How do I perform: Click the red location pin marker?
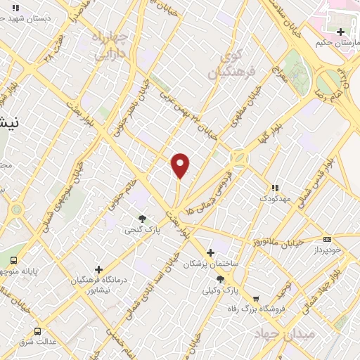tap(181, 165)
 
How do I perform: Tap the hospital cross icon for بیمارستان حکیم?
tap(341, 32)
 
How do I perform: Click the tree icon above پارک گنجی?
tap(143, 219)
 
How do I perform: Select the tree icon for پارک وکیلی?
tap(220, 280)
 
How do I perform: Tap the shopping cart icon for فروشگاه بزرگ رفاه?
tap(255, 297)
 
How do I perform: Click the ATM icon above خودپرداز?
tap(327, 240)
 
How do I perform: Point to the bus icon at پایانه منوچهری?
tap(13, 260)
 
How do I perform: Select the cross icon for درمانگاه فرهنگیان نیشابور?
tap(98, 269)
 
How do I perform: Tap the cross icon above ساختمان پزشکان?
tap(210, 252)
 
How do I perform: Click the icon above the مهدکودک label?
tap(276, 188)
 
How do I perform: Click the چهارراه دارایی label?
tap(109, 44)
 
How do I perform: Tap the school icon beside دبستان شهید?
tap(15, 8)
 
